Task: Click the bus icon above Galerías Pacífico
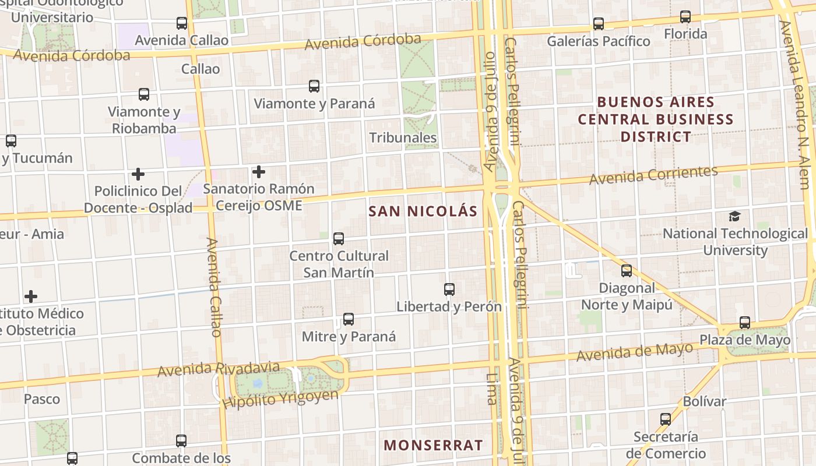point(599,24)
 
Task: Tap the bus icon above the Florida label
point(685,17)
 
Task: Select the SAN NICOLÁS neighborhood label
point(423,211)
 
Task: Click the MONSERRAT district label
point(433,445)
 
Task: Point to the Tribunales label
point(403,137)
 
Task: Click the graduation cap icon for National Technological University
point(734,217)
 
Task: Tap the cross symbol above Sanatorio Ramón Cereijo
point(259,172)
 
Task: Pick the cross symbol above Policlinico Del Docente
point(138,174)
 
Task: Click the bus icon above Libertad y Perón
point(449,290)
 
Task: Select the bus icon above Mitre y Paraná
point(349,319)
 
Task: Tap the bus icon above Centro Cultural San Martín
point(339,239)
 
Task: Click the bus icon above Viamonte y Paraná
point(314,87)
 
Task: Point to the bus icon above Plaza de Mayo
point(745,323)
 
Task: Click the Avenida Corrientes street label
point(653,175)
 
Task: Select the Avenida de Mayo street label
point(635,351)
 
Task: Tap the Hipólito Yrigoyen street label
point(280,399)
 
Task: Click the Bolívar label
point(705,401)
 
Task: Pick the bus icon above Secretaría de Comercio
point(666,419)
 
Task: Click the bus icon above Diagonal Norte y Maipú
point(627,271)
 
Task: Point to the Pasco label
point(42,399)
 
